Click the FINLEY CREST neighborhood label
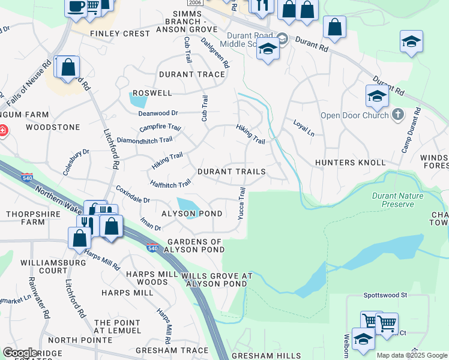pyautogui.click(x=119, y=34)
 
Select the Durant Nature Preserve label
pyautogui.click(x=397, y=200)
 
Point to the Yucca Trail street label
pyautogui.click(x=241, y=203)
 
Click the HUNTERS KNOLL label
pyautogui.click(x=350, y=163)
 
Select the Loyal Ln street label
pyautogui.click(x=303, y=128)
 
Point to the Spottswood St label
pyautogui.click(x=385, y=295)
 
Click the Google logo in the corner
pyautogui.click(x=20, y=353)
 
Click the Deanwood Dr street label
pyautogui.click(x=158, y=113)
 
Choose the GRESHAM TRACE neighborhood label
pyautogui.click(x=172, y=350)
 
